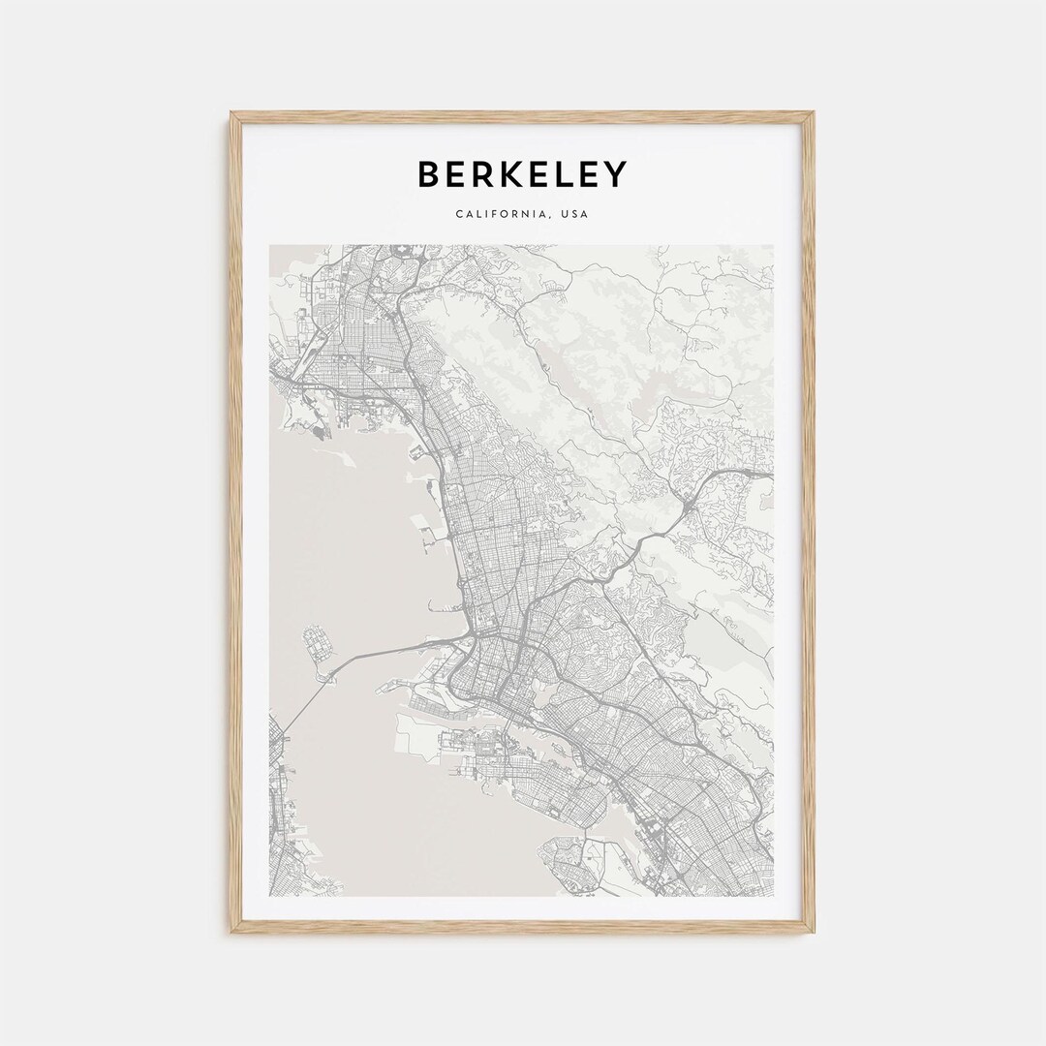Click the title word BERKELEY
pyautogui.click(x=522, y=174)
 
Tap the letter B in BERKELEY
pyautogui.click(x=429, y=174)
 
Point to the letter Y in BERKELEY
pyautogui.click(x=615, y=174)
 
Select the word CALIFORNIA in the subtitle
pyautogui.click(x=498, y=214)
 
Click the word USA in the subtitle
pyautogui.click(x=572, y=214)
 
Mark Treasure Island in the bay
pyautogui.click(x=314, y=643)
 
